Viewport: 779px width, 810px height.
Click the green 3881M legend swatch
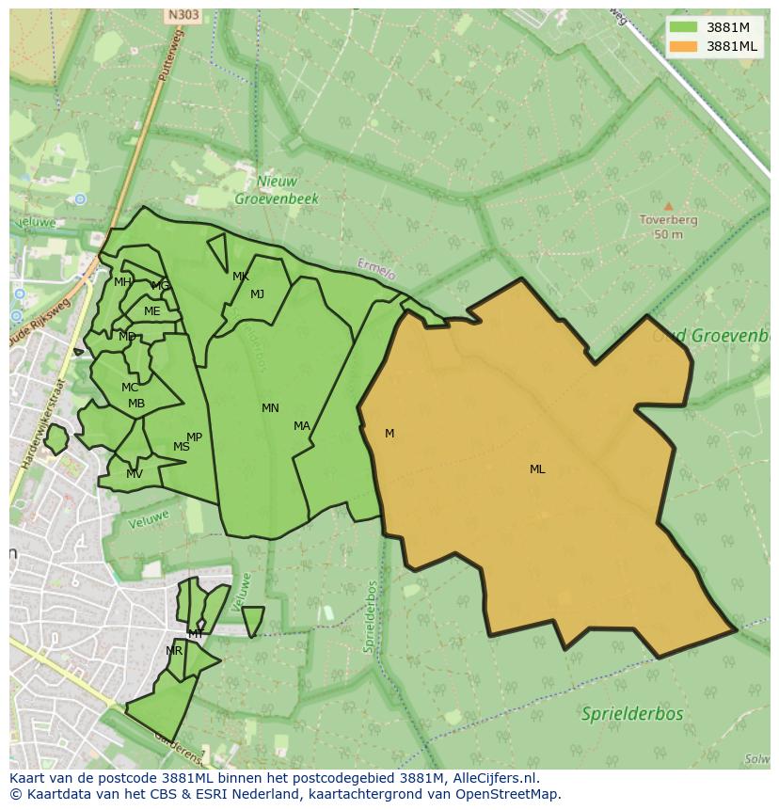point(684,27)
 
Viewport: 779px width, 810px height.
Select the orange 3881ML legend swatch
point(684,46)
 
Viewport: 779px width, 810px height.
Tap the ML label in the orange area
point(537,469)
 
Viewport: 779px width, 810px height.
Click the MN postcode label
point(270,408)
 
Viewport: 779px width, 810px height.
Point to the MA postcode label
point(301,426)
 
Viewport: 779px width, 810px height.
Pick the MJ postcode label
point(257,294)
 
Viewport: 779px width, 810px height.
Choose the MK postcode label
point(241,277)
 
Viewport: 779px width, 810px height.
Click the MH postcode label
point(122,282)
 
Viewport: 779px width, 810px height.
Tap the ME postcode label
point(151,311)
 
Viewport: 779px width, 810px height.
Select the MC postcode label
point(130,388)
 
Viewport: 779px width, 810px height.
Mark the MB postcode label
point(136,405)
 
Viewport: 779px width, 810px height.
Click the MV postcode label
point(135,474)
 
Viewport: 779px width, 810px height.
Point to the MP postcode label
point(194,437)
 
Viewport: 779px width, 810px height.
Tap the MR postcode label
point(174,651)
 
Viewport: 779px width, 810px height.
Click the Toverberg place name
point(668,220)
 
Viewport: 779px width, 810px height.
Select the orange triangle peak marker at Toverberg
point(668,205)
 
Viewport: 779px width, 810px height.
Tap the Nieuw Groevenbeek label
point(277,190)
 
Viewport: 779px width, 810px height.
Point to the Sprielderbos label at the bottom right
point(631,713)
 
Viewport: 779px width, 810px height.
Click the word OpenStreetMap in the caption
point(508,794)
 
